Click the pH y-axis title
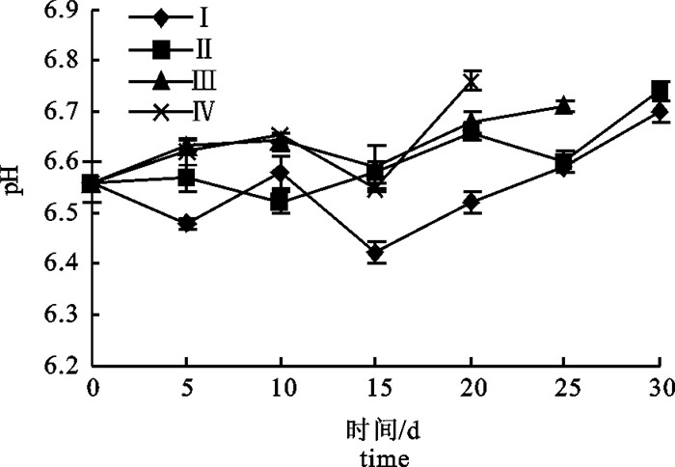tap(16, 177)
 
